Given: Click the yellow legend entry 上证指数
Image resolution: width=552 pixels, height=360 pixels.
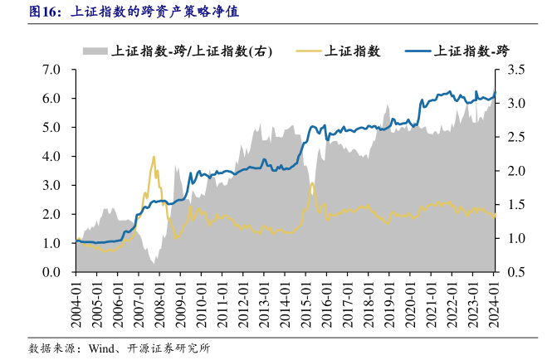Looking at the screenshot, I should (x=352, y=51).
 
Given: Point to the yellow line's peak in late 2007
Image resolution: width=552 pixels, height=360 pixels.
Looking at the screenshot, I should (x=154, y=157).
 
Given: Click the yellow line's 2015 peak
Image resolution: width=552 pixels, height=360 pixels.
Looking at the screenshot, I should (x=311, y=183).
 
